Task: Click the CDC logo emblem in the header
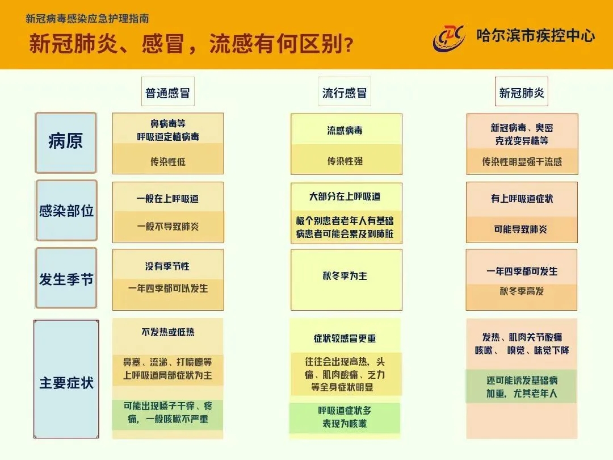pyautogui.click(x=449, y=38)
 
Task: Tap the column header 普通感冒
pyautogui.click(x=167, y=93)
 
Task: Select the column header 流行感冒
pyautogui.click(x=345, y=93)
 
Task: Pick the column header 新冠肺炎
pyautogui.click(x=522, y=93)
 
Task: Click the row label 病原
pyautogui.click(x=66, y=143)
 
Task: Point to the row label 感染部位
pyautogui.click(x=66, y=211)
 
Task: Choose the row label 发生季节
pyautogui.click(x=66, y=278)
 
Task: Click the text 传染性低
pyautogui.click(x=168, y=161)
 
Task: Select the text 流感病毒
pyautogui.click(x=345, y=130)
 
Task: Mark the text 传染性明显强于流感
pyautogui.click(x=522, y=161)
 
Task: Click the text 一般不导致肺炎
pyautogui.click(x=168, y=226)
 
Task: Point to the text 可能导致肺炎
pyautogui.click(x=520, y=229)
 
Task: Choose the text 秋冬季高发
pyautogui.click(x=522, y=291)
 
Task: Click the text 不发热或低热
pyautogui.click(x=168, y=332)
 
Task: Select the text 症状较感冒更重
pyautogui.click(x=345, y=338)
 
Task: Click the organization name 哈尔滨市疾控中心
pyautogui.click(x=536, y=36)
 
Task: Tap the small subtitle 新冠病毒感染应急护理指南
pyautogui.click(x=87, y=18)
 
